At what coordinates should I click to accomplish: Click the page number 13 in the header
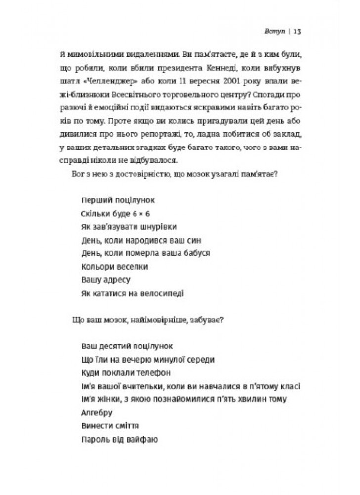coord(298,31)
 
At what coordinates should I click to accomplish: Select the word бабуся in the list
coord(198,253)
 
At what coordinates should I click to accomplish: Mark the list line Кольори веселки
coord(114,267)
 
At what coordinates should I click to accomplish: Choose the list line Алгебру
coord(95,412)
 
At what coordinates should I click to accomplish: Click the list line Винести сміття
coord(109,425)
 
